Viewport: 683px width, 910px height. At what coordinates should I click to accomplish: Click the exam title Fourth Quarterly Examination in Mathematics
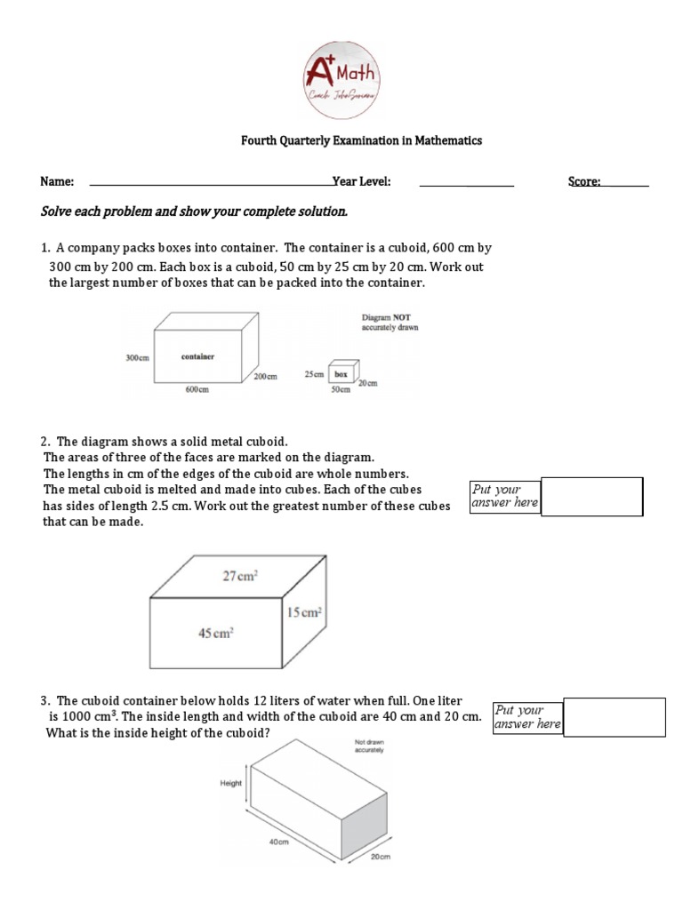coord(363,140)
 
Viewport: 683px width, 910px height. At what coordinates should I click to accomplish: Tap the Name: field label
coord(57,182)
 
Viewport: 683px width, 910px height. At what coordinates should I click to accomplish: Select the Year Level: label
coord(362,182)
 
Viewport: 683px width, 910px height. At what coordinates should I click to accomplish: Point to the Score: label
coord(584,182)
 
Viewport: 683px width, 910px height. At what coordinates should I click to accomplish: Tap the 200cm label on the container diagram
coord(265,377)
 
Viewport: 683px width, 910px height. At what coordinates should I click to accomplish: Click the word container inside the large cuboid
coord(197,357)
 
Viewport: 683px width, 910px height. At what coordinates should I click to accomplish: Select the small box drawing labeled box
coord(343,374)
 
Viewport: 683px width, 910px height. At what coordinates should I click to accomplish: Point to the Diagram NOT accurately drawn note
coord(390,322)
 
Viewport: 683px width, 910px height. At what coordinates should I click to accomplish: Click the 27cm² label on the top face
coord(240,575)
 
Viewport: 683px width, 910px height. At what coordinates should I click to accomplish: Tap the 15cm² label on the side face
coord(303,612)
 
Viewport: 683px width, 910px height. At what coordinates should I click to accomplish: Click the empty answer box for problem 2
coord(591,497)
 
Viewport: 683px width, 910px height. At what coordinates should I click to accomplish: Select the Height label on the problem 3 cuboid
coord(231,783)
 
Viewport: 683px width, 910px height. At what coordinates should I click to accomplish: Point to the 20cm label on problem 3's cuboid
coord(380,857)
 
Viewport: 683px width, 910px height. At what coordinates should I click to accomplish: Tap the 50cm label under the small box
coord(339,391)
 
